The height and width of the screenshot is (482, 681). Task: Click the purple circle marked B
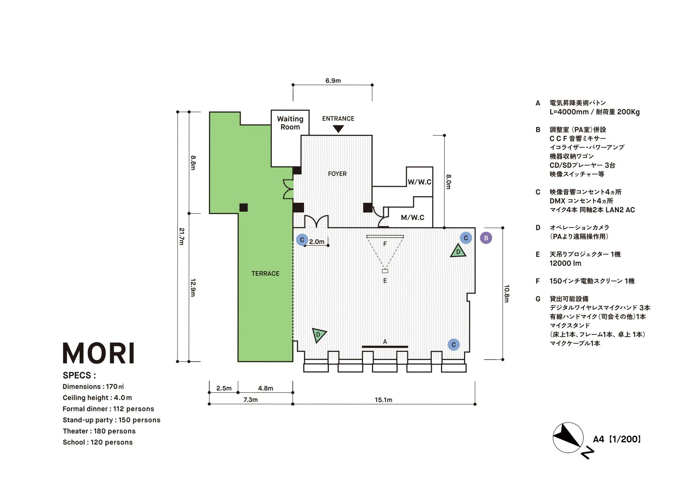pyautogui.click(x=486, y=238)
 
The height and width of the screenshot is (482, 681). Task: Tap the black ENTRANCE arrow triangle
pyautogui.click(x=338, y=128)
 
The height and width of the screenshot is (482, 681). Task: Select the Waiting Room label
pyautogui.click(x=290, y=123)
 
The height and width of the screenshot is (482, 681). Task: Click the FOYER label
pyautogui.click(x=337, y=174)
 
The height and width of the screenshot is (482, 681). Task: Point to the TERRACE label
pyautogui.click(x=265, y=273)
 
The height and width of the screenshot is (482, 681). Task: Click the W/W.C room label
pyautogui.click(x=419, y=182)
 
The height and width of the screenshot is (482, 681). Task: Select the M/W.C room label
pyautogui.click(x=412, y=218)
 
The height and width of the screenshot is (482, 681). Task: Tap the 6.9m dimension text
pyautogui.click(x=333, y=81)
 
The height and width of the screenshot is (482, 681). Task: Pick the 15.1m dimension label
pyautogui.click(x=383, y=400)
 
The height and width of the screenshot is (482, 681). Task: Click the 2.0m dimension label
pyautogui.click(x=316, y=242)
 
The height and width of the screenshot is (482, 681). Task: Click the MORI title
pyautogui.click(x=99, y=353)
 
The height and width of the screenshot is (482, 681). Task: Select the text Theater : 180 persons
pyautogui.click(x=99, y=431)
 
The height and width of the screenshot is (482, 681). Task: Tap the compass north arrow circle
pyautogui.click(x=568, y=437)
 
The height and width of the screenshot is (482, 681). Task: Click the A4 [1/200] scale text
pyautogui.click(x=617, y=439)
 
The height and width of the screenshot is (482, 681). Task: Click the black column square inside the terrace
pyautogui.click(x=243, y=207)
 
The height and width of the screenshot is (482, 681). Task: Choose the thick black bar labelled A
pyautogui.click(x=385, y=346)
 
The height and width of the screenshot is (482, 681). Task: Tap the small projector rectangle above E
pyautogui.click(x=385, y=271)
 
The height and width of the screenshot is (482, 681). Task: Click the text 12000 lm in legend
pyautogui.click(x=565, y=263)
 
